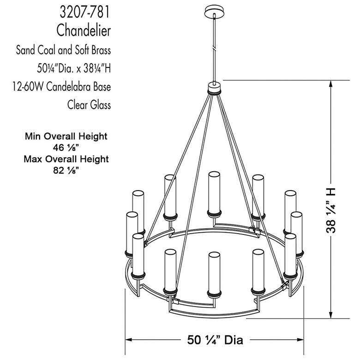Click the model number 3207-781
point(85,12)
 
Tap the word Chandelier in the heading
point(84,30)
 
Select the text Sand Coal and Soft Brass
point(63,50)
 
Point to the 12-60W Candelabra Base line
point(61,87)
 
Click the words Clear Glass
point(89,105)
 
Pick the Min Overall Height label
point(66,136)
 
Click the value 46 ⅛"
point(66,147)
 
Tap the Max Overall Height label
point(66,159)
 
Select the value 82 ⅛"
point(66,170)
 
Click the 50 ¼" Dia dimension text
point(215,340)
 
